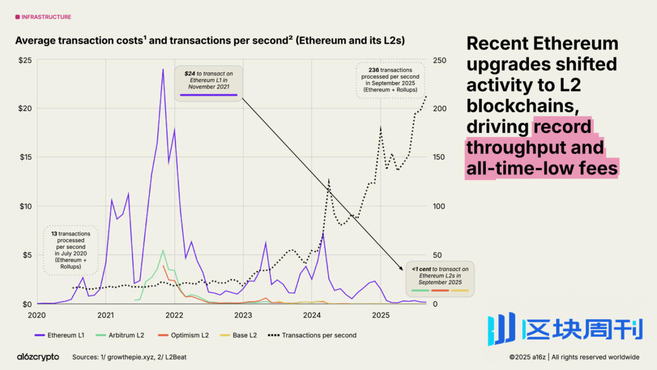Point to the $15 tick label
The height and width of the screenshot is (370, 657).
25,157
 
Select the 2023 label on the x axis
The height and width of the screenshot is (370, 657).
243,315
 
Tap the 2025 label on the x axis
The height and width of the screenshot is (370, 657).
380,315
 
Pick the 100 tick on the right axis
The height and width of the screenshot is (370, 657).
439,206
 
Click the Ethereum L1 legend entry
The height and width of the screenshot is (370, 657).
66,335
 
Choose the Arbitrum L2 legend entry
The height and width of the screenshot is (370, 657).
126,335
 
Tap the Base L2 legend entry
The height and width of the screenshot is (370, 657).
244,335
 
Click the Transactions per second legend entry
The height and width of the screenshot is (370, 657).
319,335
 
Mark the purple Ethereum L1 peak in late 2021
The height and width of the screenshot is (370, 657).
163,69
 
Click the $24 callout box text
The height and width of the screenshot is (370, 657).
209,80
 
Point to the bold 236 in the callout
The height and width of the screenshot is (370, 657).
374,70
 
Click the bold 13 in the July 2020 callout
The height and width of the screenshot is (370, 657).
54,234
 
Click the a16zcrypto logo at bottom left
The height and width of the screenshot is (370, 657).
38,357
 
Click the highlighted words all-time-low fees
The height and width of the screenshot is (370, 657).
541,168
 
